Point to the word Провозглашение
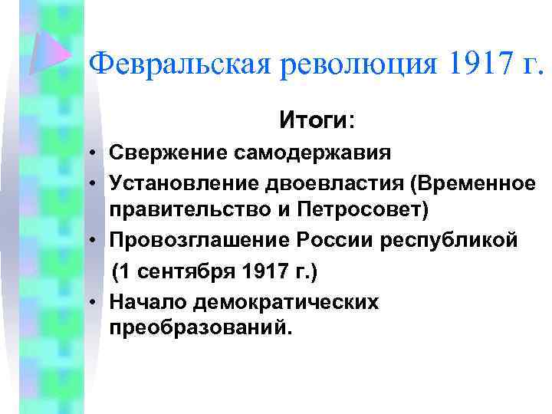coord(195,240)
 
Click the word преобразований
coord(201,328)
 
